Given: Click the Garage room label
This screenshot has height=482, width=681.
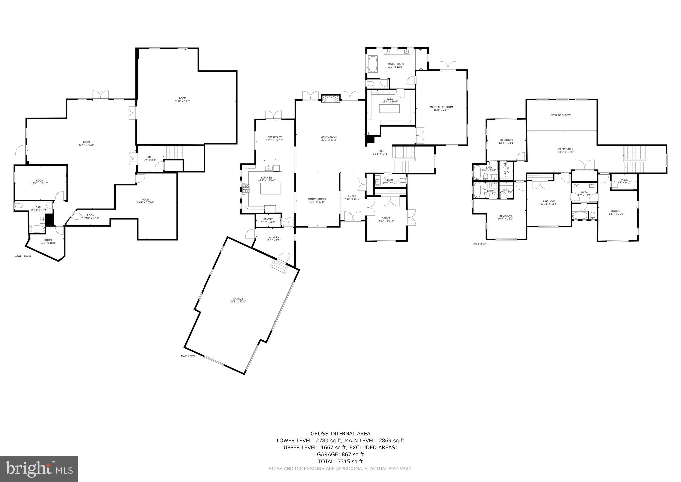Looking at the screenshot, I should (238, 300).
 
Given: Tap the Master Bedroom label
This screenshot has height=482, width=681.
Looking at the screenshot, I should (441, 108).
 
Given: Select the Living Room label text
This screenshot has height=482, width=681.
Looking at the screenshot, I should (329, 138).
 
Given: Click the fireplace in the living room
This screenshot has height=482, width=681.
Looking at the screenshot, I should (331, 99).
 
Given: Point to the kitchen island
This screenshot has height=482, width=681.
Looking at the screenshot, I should (270, 188).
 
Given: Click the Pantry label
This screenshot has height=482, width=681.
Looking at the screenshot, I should (268, 221).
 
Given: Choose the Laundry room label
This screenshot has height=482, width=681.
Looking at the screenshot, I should (273, 239).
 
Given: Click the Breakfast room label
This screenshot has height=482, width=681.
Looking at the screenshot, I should (274, 139).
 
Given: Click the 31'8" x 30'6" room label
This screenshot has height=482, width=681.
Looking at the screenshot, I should (182, 100).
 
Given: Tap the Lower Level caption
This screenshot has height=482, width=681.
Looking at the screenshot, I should (23, 256).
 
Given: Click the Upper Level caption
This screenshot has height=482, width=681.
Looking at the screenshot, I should (479, 244).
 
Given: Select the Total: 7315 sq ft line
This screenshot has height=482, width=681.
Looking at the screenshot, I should (340, 461).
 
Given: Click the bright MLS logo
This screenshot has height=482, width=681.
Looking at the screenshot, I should (39, 469).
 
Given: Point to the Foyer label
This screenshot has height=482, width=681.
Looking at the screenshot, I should (352, 197).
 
